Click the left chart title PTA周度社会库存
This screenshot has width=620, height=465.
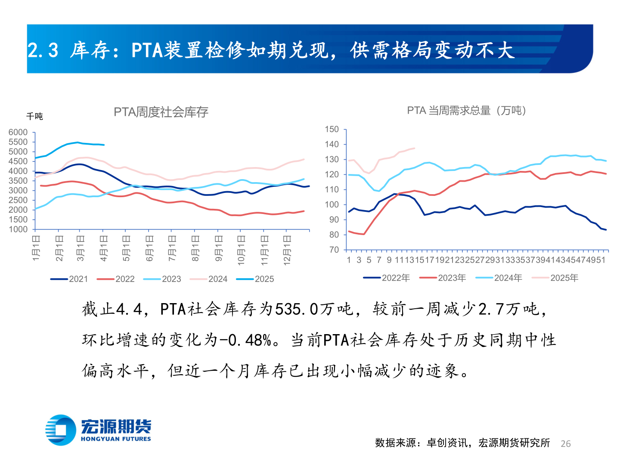(161, 112)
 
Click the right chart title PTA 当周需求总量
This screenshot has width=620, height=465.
(466, 111)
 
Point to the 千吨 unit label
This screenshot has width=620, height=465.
(34, 116)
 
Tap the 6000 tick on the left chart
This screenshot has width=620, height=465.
(18, 132)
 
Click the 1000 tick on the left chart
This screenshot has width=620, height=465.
(18, 229)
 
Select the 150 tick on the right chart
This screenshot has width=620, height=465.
(332, 129)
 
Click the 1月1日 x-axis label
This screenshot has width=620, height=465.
(37, 248)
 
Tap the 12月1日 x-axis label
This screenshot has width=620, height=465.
(287, 250)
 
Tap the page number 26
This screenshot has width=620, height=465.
(566, 443)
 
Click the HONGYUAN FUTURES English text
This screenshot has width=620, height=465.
(116, 439)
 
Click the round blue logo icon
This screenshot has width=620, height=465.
(61, 430)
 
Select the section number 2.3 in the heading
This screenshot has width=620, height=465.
(43, 50)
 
